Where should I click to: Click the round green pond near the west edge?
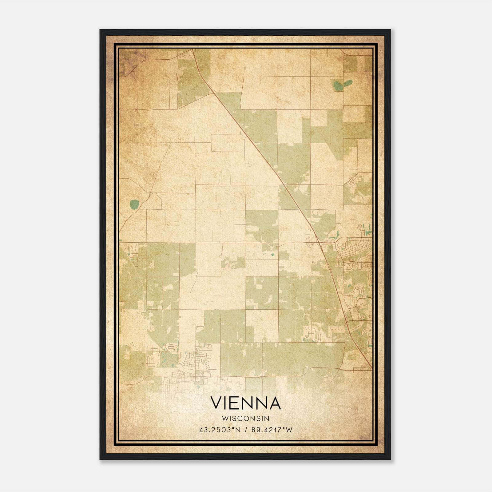(134, 204)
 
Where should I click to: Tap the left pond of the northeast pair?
(337, 86)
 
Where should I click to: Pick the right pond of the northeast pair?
(348, 83)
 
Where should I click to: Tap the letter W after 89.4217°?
(289, 430)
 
